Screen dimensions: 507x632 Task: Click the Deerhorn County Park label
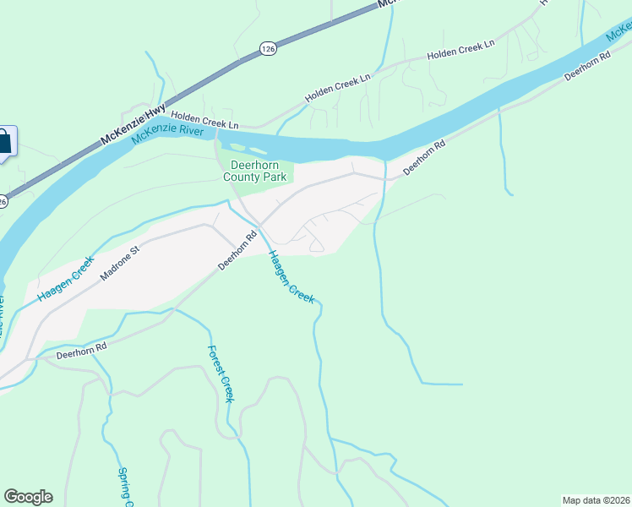coord(255,172)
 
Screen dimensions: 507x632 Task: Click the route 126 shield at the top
coord(267,49)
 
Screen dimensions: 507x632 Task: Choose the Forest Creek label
coord(220,374)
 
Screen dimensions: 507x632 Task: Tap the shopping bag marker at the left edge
coord(4,142)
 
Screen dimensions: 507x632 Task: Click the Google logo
coord(28,497)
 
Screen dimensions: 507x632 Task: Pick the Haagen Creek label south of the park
coord(291,277)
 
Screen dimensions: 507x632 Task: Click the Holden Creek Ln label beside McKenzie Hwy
coord(204,119)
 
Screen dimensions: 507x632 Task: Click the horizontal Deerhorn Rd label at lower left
coord(81,351)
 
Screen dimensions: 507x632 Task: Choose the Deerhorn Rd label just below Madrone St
coord(237,251)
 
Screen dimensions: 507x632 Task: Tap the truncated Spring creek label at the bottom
coord(127,488)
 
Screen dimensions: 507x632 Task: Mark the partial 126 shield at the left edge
coord(3,201)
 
